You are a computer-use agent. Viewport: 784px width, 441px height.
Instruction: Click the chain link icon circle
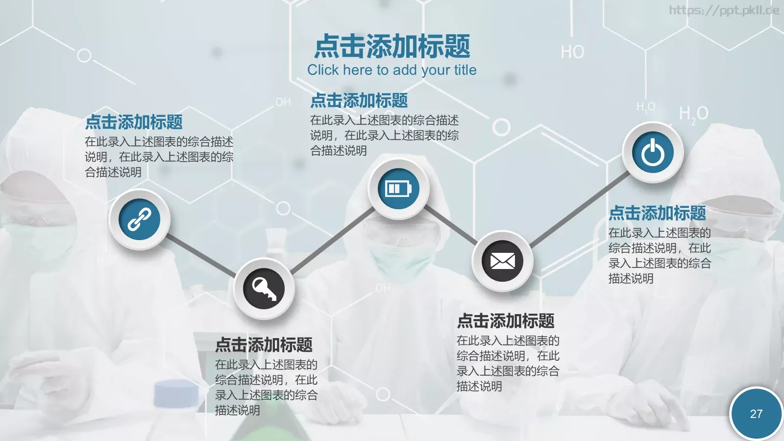pos(140,219)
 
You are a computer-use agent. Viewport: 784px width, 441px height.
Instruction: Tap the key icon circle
pos(264,289)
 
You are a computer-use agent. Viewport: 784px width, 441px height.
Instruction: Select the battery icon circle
pos(398,189)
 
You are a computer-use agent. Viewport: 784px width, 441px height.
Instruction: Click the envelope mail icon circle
pos(502,261)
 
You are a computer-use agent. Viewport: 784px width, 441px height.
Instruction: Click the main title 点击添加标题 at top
pos(392,46)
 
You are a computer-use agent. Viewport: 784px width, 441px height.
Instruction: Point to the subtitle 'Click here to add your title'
pos(392,70)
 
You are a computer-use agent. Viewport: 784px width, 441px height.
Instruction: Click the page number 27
pos(756,414)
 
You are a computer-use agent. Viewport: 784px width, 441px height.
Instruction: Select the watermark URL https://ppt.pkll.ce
pos(724,10)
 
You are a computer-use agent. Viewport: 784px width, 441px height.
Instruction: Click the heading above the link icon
pos(134,122)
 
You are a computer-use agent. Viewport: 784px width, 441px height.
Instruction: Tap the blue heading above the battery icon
pos(359,100)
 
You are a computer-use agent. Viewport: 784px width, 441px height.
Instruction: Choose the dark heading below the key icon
pos(264,344)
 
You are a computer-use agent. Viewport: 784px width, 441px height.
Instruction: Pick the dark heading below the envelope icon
pos(506,321)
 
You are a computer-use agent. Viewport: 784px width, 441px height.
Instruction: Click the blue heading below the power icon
pos(657,213)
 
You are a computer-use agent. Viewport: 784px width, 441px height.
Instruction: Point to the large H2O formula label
pos(693,114)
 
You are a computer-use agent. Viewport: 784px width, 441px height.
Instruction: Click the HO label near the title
pos(572,52)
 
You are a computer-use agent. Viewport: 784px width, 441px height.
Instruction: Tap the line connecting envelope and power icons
pos(579,208)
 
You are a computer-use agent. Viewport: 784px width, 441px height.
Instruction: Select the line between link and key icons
pos(201,255)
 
